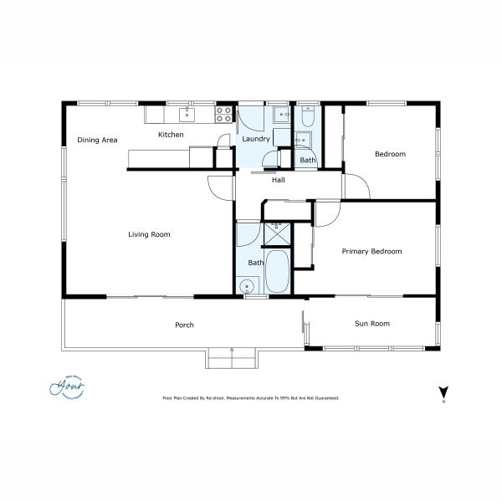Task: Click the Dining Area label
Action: coord(97,140)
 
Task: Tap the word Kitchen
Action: coord(171,135)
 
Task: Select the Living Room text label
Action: coord(149,234)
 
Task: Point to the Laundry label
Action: coord(255,139)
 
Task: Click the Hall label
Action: coord(279,180)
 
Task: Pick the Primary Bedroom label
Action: coord(371,251)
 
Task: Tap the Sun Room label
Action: coord(372,323)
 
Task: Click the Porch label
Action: coord(184,325)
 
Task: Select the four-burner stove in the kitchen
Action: coord(224,114)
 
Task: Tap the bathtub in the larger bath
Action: coord(279,271)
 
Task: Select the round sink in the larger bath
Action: coord(247,286)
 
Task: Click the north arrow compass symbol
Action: coord(443,392)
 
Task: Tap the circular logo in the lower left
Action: coord(68,387)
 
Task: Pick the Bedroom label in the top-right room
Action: coord(390,154)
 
